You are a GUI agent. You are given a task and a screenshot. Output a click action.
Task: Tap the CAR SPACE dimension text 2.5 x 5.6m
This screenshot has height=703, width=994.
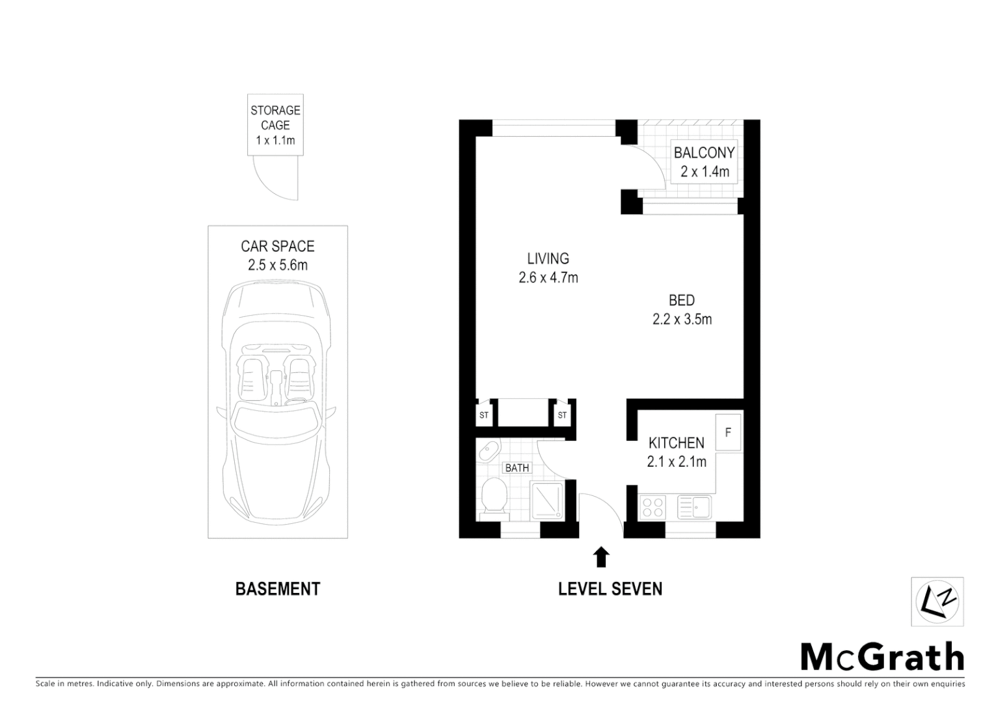click(x=277, y=265)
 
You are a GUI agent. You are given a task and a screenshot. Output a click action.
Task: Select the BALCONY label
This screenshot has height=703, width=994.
click(x=704, y=153)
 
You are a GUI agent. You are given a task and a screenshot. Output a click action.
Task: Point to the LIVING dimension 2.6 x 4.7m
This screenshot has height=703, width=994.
click(x=548, y=278)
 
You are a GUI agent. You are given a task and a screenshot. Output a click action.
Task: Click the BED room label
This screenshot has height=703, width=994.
click(x=682, y=300)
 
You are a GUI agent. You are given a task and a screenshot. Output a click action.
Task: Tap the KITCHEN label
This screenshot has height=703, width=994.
click(x=676, y=443)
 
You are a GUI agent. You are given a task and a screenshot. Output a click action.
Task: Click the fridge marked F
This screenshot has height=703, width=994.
click(x=728, y=432)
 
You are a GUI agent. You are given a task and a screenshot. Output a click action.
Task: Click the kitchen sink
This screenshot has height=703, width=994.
click(x=694, y=506)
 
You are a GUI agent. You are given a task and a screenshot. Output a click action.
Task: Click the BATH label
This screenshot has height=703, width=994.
click(x=517, y=467)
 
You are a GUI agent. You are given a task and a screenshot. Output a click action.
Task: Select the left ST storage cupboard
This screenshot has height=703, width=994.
click(x=484, y=415)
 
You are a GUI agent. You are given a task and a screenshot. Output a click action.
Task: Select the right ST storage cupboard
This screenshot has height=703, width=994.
click(x=562, y=415)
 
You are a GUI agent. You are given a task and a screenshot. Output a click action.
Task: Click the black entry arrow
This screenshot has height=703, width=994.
click(x=602, y=557)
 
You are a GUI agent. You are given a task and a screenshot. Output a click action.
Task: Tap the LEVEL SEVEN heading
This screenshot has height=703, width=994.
click(x=610, y=588)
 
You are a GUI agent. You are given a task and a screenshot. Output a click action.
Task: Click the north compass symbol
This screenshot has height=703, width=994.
click(x=937, y=601)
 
